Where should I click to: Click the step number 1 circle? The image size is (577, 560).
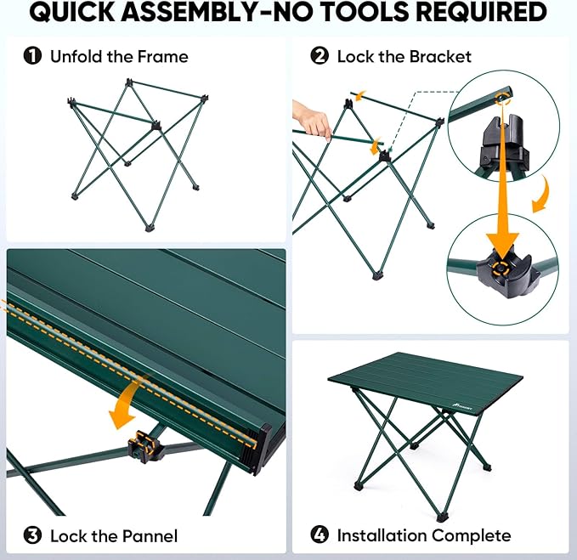coord(32,57)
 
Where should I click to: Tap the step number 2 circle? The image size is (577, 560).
coord(320,57)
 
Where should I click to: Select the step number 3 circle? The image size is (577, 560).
coord(32,535)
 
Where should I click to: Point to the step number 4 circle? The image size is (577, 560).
coord(320,535)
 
